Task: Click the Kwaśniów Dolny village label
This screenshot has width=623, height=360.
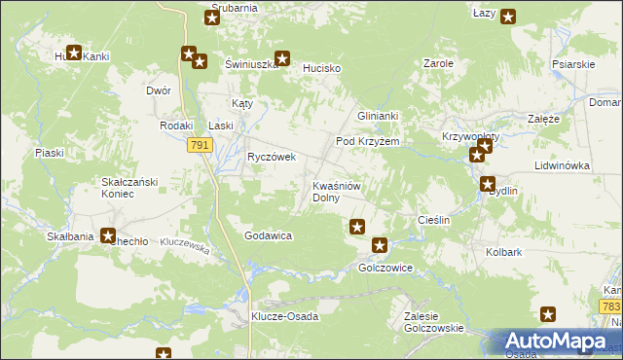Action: (337, 191)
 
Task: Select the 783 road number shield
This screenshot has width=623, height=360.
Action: (610, 306)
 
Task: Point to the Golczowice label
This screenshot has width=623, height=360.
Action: (386, 268)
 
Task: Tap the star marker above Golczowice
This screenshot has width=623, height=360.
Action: (380, 246)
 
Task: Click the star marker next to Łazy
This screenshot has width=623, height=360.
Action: (508, 16)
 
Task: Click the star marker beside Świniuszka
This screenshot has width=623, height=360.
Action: (282, 57)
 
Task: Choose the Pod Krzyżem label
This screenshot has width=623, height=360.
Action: (368, 141)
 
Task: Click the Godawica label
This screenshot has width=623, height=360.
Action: (270, 235)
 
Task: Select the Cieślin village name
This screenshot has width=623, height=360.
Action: (433, 221)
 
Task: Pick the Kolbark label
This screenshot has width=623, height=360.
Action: (504, 251)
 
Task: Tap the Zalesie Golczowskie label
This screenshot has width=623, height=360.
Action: (434, 322)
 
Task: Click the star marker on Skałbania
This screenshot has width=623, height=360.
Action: (108, 235)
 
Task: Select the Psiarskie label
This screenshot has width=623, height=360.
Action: (572, 64)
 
